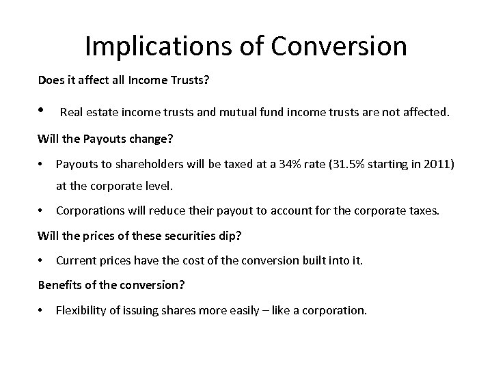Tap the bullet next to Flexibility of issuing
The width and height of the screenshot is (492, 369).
(42, 310)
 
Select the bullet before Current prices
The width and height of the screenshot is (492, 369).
(42, 260)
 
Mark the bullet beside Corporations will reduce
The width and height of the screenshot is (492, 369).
(42, 210)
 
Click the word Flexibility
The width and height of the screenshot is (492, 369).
(81, 310)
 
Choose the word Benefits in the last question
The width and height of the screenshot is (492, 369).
(57, 285)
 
